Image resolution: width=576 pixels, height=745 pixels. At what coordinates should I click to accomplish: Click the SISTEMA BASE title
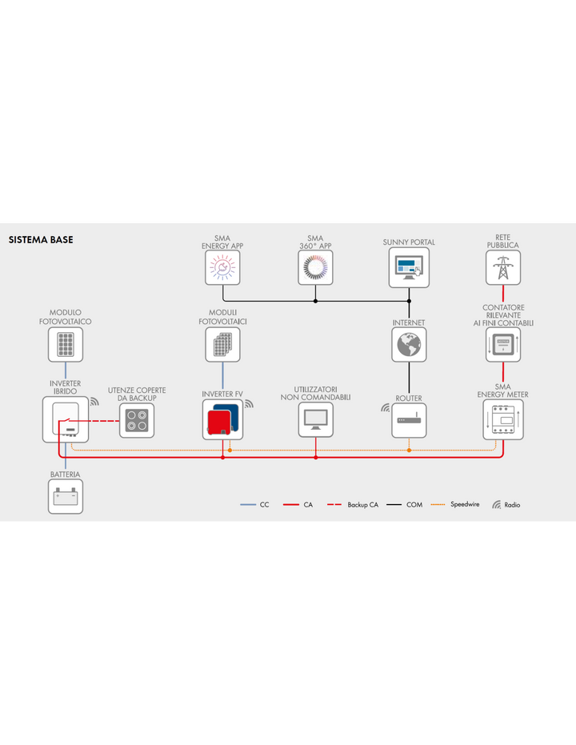[x=41, y=240]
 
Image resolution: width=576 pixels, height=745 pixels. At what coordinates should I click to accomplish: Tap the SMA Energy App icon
[x=222, y=267]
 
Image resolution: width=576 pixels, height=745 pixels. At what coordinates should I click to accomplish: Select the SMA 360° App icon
[x=315, y=267]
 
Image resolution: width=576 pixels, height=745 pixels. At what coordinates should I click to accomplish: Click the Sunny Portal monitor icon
[x=409, y=267]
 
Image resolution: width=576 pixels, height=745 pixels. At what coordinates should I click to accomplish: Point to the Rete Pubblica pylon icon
[x=503, y=267]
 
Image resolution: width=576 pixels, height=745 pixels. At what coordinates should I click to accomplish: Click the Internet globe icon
[x=409, y=344]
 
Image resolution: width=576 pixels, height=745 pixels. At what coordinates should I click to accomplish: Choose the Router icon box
[x=409, y=420]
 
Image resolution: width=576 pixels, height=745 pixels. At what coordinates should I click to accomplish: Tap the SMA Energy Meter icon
[x=503, y=419]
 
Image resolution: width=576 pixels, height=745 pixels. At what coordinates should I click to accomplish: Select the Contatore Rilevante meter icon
[x=503, y=344]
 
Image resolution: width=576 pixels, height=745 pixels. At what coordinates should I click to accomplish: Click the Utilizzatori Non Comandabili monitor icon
[x=316, y=420]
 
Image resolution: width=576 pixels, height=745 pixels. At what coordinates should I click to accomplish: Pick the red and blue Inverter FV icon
[x=222, y=419]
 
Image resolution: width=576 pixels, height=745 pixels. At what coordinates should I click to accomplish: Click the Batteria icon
[x=66, y=496]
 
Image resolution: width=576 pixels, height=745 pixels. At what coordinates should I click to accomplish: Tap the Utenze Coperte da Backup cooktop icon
[x=137, y=420]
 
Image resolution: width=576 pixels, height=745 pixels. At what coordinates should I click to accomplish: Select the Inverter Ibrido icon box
[x=66, y=419]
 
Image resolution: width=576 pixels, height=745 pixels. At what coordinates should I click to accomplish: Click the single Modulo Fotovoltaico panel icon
[x=66, y=344]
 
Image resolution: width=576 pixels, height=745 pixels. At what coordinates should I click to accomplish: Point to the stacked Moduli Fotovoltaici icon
[x=222, y=344]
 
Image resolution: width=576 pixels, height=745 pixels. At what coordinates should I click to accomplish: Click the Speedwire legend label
[x=465, y=505]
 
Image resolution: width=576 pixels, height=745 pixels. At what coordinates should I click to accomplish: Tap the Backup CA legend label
[x=362, y=505]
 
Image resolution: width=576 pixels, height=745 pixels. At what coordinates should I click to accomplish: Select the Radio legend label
[x=512, y=505]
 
